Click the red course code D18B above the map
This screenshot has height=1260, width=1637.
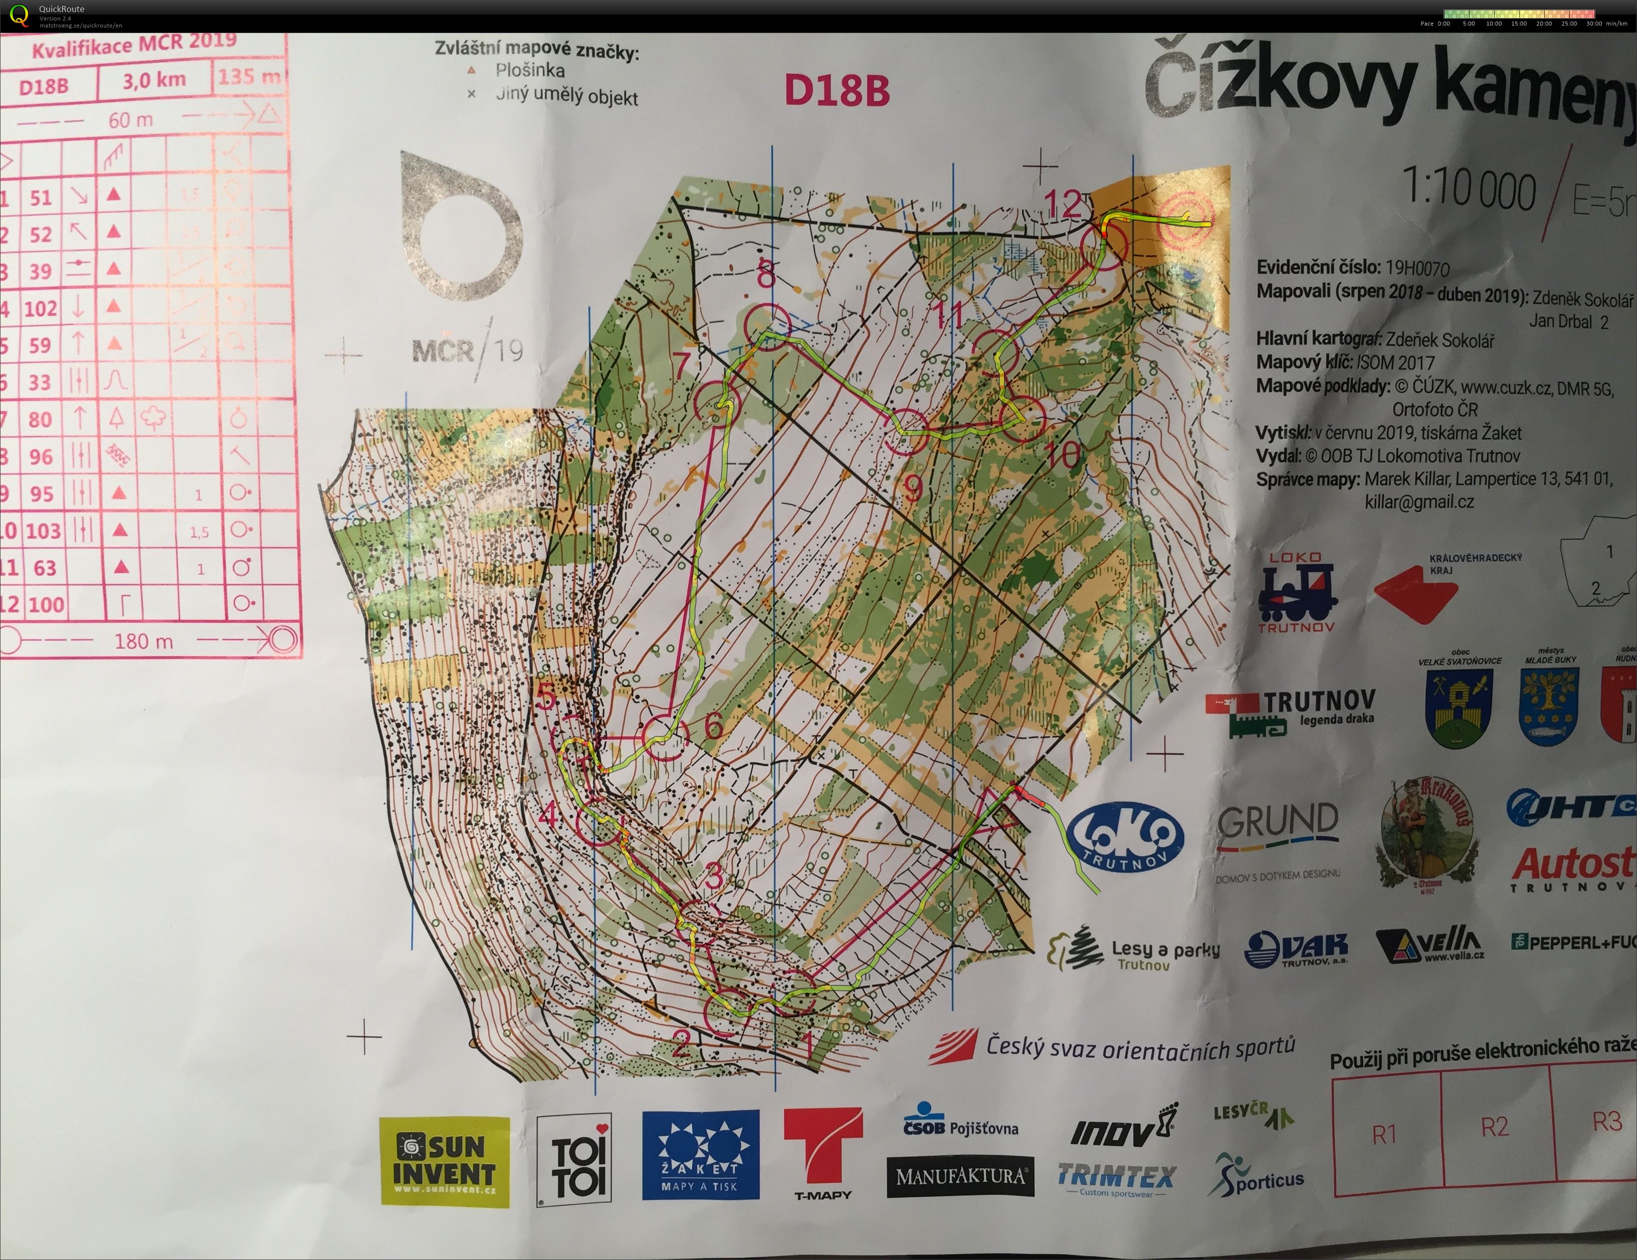pos(837,91)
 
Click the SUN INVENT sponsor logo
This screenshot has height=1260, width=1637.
pos(445,1161)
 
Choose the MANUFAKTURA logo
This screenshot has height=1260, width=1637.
pos(961,1176)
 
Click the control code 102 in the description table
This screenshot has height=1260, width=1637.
pos(41,308)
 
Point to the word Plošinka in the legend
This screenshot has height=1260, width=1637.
pos(529,71)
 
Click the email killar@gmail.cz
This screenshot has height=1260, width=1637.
pos(1419,502)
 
